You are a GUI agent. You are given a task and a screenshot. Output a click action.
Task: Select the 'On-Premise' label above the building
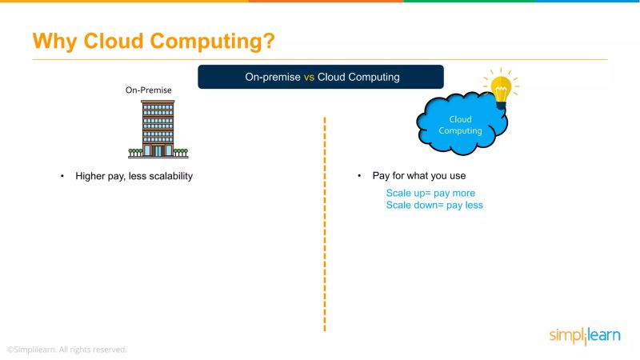tap(148, 90)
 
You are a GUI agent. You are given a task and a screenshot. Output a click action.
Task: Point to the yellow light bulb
tap(501, 90)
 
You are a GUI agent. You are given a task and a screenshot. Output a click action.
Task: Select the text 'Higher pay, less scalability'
tap(134, 176)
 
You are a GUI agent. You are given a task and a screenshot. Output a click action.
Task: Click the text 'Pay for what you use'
tap(419, 176)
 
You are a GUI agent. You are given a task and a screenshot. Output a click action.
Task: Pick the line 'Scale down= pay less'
tap(434, 205)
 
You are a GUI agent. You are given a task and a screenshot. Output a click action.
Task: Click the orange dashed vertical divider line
tap(325, 224)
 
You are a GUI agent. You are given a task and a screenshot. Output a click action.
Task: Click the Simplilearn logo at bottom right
tap(584, 335)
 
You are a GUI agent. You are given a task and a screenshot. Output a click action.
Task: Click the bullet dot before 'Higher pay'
tap(62, 176)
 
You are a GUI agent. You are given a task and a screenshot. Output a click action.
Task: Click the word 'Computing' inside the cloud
tap(460, 130)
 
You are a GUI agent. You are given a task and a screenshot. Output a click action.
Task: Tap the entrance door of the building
tap(158, 150)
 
